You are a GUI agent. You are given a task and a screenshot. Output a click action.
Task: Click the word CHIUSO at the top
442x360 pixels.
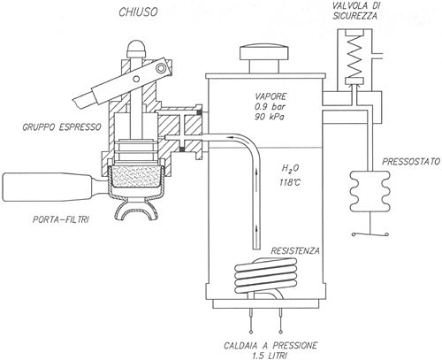click(x=138, y=12)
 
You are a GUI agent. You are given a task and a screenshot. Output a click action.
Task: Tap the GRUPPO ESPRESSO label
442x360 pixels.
click(x=62, y=127)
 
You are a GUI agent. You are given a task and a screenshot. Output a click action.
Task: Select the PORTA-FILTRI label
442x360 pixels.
click(x=61, y=219)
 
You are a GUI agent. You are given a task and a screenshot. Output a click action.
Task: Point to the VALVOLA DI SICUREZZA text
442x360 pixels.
click(x=354, y=11)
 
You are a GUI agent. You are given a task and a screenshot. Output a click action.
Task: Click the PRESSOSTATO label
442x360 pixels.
click(x=411, y=161)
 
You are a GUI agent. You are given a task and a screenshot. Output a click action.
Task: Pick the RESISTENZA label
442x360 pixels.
click(x=295, y=251)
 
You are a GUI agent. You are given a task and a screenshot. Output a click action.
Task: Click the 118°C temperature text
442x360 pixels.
click(x=290, y=182)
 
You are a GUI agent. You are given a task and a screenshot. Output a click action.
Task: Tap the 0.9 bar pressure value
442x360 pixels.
click(x=271, y=106)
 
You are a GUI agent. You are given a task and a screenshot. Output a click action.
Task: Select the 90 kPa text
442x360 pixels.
click(x=270, y=117)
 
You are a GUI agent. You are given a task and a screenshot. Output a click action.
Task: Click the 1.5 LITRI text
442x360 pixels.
click(x=270, y=356)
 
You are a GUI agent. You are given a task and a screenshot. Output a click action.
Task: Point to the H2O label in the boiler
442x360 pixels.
click(x=290, y=169)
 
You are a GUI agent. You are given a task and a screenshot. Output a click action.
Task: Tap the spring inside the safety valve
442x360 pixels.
click(x=354, y=55)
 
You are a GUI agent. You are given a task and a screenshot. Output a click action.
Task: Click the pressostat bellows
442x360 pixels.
click(x=370, y=191)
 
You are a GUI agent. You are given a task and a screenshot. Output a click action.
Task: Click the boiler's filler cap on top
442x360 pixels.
click(x=263, y=59)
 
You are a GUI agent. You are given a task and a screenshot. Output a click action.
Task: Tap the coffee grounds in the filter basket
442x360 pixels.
click(x=135, y=176)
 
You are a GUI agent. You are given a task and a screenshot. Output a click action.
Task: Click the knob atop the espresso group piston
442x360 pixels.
click(x=136, y=49)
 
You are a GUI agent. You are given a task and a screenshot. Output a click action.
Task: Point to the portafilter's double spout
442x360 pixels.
click(x=135, y=210)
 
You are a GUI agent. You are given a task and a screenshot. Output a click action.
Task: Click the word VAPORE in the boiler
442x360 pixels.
click(x=271, y=96)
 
